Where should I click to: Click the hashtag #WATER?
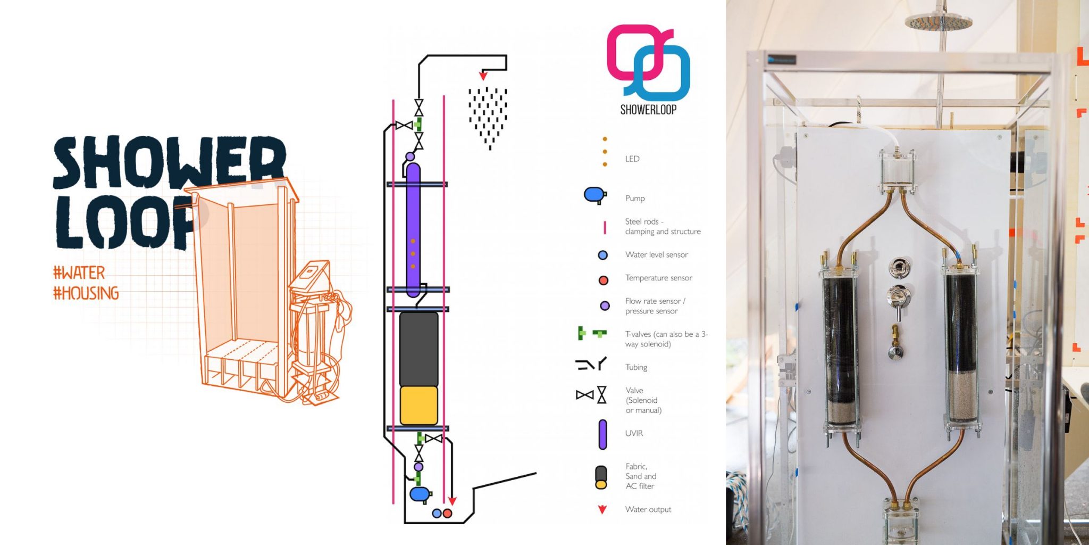pyautogui.click(x=79, y=273)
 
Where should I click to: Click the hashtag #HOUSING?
pyautogui.click(x=86, y=293)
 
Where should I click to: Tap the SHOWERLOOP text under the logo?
pyautogui.click(x=648, y=110)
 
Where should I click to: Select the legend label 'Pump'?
pyautogui.click(x=635, y=198)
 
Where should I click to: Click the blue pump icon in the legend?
pyautogui.click(x=595, y=195)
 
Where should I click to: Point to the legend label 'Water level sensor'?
pyautogui.click(x=657, y=254)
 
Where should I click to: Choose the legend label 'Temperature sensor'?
pyautogui.click(x=659, y=278)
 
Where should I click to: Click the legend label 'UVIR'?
pyautogui.click(x=634, y=433)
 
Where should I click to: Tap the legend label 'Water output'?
pyautogui.click(x=648, y=509)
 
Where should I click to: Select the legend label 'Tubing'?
pyautogui.click(x=636, y=367)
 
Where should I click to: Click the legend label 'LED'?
pyautogui.click(x=632, y=159)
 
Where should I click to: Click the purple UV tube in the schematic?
pyautogui.click(x=413, y=230)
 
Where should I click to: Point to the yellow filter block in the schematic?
pyautogui.click(x=418, y=406)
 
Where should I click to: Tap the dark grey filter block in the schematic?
pyautogui.click(x=418, y=349)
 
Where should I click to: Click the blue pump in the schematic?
pyautogui.click(x=420, y=494)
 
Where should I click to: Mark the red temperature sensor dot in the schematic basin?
pyautogui.click(x=448, y=513)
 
